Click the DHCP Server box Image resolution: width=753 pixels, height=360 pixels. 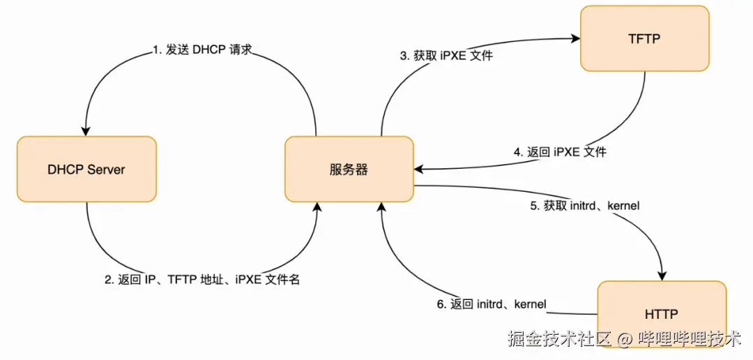86,170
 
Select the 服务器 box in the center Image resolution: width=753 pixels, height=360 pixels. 349,170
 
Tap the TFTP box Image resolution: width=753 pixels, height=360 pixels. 644,39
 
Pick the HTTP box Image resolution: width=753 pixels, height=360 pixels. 662,315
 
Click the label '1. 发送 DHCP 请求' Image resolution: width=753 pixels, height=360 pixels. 202,50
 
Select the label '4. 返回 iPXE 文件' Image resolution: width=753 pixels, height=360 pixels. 560,151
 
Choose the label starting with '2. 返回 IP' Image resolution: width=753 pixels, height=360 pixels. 202,280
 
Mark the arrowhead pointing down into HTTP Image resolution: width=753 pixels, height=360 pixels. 660,276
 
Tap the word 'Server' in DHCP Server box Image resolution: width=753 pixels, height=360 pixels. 106,170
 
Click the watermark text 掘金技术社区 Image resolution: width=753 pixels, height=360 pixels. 559,340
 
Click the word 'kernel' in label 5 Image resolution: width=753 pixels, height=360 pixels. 624,207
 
